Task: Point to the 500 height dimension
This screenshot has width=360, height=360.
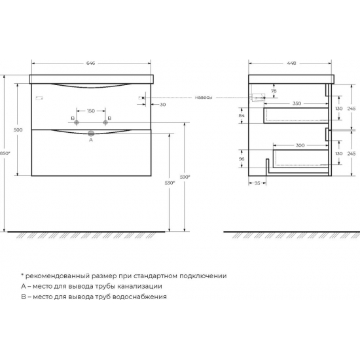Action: tap(18, 130)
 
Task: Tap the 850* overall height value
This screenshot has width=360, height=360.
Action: tap(6, 153)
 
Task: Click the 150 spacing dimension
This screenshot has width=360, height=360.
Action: tap(92, 111)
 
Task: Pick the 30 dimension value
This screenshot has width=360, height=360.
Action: tap(162, 104)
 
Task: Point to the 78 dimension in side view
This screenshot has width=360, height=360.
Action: tap(274, 91)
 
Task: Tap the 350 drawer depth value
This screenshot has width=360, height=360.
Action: tap(297, 104)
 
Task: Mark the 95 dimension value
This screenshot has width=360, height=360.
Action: tap(259, 183)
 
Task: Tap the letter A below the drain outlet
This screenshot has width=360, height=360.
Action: tap(90, 140)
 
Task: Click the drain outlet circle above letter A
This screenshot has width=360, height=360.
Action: tap(91, 134)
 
